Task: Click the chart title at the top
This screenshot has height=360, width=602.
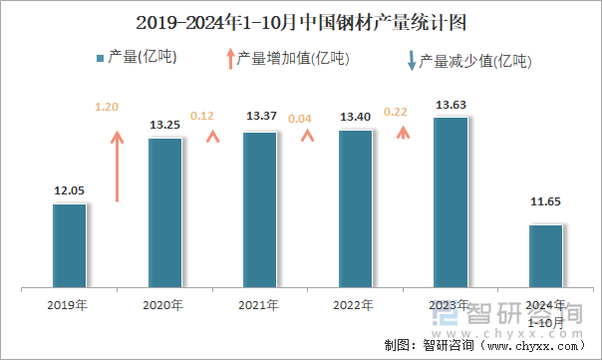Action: coord(301,20)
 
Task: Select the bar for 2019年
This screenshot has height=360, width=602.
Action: coord(69,246)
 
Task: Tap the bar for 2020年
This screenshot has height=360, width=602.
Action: coord(164,213)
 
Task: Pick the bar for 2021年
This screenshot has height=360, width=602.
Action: coord(259,210)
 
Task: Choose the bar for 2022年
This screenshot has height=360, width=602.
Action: coord(355,209)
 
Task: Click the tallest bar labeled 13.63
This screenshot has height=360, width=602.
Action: coord(451,203)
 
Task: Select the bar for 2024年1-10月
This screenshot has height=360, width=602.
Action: coord(545,256)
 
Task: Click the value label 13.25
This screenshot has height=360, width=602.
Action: coord(164,125)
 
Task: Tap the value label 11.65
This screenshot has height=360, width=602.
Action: coord(545,202)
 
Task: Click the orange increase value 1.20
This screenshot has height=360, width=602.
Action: coord(106,107)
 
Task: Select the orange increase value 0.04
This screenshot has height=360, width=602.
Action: coord(299,119)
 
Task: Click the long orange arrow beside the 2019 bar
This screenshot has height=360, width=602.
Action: coord(118,166)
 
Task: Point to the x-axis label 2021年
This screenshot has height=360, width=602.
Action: coord(259,305)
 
